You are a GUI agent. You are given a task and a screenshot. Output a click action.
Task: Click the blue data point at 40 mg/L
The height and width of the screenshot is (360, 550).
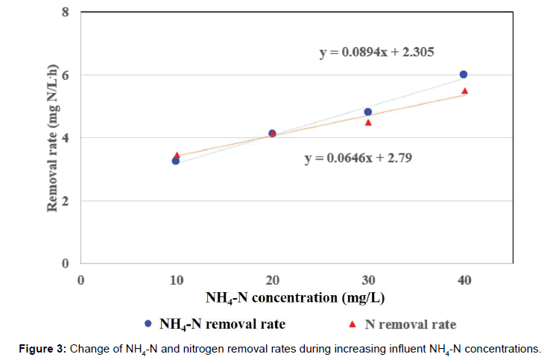(464, 75)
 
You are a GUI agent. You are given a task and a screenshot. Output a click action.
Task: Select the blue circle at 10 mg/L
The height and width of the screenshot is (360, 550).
(176, 160)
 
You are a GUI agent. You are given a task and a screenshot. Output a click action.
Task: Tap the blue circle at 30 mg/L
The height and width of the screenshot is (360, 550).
(367, 112)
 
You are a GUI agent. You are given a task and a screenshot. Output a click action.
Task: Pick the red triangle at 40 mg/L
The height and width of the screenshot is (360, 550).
(464, 91)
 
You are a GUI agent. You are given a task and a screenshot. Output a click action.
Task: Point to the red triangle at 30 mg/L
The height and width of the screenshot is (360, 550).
(368, 122)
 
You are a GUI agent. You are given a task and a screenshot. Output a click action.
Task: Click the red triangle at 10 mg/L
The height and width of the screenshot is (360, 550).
(177, 155)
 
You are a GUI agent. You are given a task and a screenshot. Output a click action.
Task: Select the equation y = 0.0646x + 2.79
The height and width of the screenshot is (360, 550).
(358, 158)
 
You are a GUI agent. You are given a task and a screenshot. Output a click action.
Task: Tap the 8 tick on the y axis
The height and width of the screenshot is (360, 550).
(66, 13)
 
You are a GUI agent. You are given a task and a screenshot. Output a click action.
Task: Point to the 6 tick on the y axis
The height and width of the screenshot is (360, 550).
(66, 75)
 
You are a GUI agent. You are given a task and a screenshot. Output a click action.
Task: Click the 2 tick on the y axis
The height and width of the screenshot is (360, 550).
(66, 201)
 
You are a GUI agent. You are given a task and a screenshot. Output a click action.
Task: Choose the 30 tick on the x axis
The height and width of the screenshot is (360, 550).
(367, 280)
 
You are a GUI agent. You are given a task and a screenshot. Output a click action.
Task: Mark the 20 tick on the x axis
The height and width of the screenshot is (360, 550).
(272, 280)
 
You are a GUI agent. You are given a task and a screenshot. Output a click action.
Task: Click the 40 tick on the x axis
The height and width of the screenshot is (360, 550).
(464, 280)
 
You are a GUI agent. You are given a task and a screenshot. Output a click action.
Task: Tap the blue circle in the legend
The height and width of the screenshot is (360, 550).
(148, 324)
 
